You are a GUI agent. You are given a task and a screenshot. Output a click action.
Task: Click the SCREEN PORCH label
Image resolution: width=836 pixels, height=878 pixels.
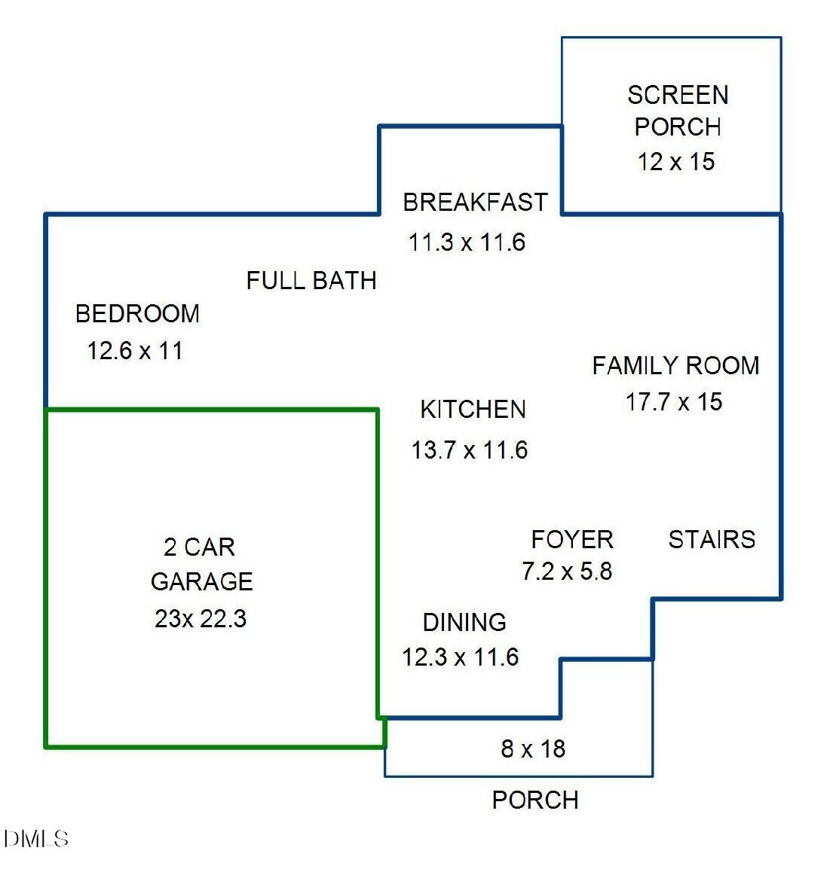tap(677, 111)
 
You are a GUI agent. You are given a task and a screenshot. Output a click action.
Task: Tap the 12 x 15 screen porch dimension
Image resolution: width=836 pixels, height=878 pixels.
tap(675, 161)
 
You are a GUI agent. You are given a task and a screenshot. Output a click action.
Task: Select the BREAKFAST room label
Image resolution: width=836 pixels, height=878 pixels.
tap(475, 203)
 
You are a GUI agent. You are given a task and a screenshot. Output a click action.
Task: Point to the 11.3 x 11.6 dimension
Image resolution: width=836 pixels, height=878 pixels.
tap(467, 242)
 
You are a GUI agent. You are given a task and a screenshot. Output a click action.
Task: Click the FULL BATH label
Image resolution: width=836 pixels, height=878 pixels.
tap(311, 281)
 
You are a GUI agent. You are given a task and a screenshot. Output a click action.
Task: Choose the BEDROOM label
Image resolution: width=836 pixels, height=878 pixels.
tap(137, 313)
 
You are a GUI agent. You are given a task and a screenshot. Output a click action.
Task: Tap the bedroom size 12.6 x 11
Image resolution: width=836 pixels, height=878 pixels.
tap(135, 351)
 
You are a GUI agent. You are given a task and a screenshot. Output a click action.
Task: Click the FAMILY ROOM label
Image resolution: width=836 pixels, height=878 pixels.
tap(675, 366)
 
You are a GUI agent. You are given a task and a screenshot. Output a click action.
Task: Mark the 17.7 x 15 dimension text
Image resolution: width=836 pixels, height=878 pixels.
tap(674, 402)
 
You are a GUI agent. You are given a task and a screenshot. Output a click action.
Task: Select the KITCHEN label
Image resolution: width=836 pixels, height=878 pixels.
tap(473, 410)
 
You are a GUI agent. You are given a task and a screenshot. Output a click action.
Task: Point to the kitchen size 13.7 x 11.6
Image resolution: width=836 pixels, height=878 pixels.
tap(469, 450)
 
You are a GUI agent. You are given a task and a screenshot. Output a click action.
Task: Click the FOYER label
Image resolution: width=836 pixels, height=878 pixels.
tap(572, 539)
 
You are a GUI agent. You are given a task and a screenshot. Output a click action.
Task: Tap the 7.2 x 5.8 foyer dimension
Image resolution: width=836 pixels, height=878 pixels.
tap(567, 572)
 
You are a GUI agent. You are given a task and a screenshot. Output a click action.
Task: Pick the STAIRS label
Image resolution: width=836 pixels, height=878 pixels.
tap(712, 539)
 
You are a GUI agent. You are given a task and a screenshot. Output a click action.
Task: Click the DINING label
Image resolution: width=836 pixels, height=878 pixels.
tap(464, 622)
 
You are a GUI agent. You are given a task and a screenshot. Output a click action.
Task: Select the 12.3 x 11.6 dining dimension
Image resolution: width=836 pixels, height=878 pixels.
tap(460, 657)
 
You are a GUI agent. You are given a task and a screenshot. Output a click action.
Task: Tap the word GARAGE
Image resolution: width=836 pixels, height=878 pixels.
tap(201, 581)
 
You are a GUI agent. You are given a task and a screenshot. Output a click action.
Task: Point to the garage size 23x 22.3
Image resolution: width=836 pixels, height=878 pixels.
tap(201, 618)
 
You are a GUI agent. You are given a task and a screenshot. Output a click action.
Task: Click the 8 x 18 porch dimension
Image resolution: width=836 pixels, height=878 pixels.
tap(533, 748)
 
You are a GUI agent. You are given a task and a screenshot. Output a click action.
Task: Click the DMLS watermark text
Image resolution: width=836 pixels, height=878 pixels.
tap(36, 839)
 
